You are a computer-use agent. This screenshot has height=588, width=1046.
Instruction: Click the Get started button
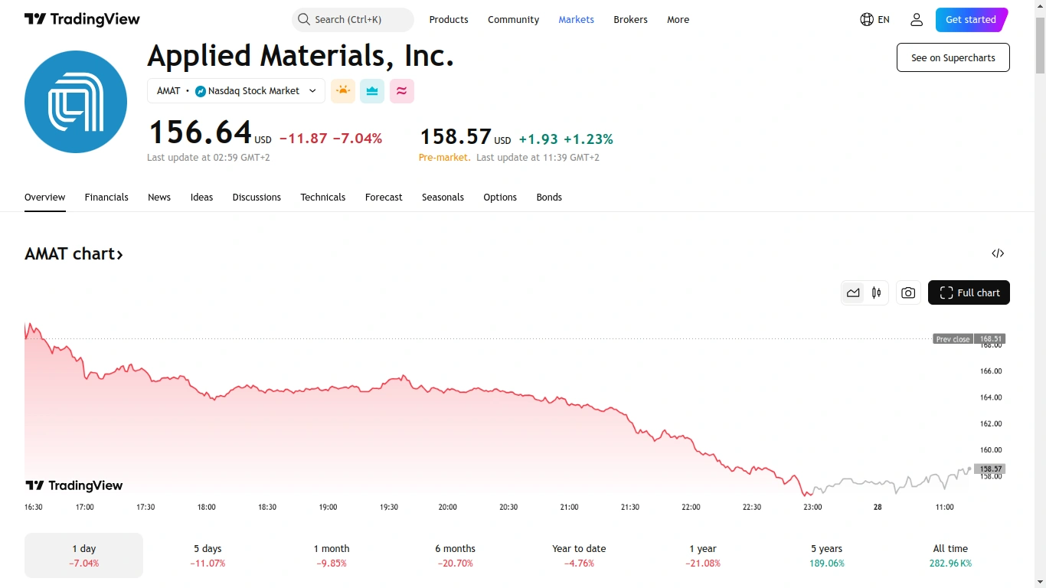pos(970,20)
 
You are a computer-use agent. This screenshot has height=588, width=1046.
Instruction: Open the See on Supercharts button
pos(953,57)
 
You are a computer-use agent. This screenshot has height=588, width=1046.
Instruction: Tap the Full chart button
pos(969,292)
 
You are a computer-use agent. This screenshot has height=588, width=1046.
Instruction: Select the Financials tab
pos(106,198)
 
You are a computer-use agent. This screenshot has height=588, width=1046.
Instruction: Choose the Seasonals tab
pos(443,198)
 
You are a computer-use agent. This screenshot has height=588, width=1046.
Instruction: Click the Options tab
pos(500,198)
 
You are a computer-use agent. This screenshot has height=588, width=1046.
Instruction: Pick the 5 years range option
pos(827,555)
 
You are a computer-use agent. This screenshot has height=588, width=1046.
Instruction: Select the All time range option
pos(950,555)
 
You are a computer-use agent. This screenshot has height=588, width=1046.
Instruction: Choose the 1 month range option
pos(332,555)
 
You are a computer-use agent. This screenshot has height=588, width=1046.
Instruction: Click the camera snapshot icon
pos(908,292)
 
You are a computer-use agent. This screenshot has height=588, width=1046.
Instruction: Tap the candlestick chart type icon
pos(876,292)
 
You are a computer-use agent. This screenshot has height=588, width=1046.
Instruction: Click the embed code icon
pos(998,253)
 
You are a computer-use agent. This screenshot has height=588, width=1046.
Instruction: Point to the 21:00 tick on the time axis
pos(569,507)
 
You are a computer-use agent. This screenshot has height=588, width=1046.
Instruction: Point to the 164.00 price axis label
pos(991,397)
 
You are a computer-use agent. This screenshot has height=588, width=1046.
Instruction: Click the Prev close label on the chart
pos(953,339)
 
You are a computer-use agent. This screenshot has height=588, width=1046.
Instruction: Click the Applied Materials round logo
pos(76,102)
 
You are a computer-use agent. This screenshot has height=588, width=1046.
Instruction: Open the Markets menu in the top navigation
pos(576,20)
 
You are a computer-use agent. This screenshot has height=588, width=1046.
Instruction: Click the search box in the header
pos(352,20)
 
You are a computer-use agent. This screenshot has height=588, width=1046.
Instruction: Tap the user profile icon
pos(917,20)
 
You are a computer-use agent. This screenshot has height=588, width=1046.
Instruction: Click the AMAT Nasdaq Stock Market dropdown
pos(236,91)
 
